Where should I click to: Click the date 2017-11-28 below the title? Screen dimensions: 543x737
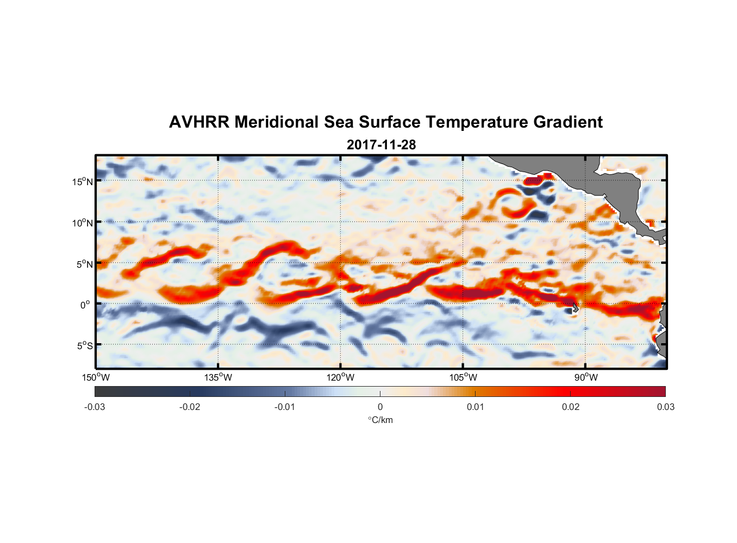pyautogui.click(x=381, y=145)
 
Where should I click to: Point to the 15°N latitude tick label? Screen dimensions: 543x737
pyautogui.click(x=83, y=181)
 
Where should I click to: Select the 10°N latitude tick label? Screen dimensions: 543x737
pyautogui.click(x=83, y=223)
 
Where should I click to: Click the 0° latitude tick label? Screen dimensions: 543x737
pyautogui.click(x=85, y=305)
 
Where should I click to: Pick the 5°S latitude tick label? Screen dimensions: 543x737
pyautogui.click(x=85, y=345)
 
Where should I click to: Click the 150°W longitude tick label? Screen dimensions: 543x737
pyautogui.click(x=96, y=377)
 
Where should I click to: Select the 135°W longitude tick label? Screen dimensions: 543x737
pyautogui.click(x=218, y=377)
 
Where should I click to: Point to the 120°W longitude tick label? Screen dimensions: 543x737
pyautogui.click(x=341, y=377)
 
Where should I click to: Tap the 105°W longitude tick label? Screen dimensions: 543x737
pyautogui.click(x=463, y=377)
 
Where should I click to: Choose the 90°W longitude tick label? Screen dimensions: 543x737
pyautogui.click(x=586, y=377)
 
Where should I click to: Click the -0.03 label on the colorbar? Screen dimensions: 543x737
pyautogui.click(x=95, y=407)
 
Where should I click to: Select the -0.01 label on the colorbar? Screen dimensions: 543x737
pyautogui.click(x=285, y=407)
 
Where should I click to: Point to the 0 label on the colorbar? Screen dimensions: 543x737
pyautogui.click(x=380, y=407)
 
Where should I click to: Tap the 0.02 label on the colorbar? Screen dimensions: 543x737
pyautogui.click(x=571, y=407)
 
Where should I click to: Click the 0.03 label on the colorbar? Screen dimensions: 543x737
pyautogui.click(x=665, y=407)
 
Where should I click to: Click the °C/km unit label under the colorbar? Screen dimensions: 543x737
pyautogui.click(x=380, y=420)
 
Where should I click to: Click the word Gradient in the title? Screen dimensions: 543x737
pyautogui.click(x=568, y=122)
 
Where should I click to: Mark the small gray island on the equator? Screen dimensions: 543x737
pyautogui.click(x=574, y=307)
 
